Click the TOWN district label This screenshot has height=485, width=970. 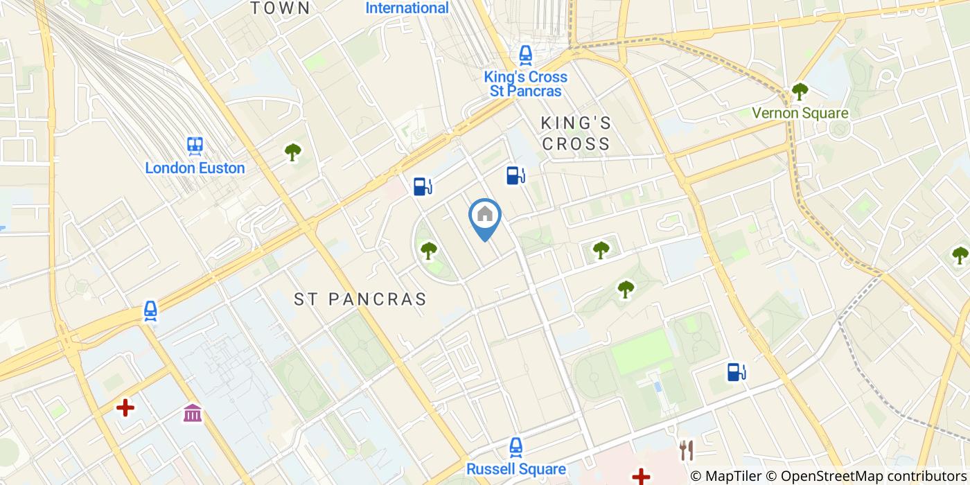[280, 8]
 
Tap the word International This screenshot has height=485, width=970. [407, 8]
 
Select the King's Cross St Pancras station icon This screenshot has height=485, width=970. [526, 55]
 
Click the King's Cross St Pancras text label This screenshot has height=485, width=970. [526, 84]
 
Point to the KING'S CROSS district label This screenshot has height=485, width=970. [576, 134]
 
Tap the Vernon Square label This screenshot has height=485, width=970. [800, 113]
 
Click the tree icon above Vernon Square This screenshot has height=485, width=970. [800, 91]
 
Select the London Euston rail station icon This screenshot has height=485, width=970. [195, 145]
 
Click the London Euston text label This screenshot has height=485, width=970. [195, 168]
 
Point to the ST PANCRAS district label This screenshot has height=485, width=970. [360, 299]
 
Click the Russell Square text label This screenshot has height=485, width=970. [516, 469]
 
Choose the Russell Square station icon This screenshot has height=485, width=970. [515, 448]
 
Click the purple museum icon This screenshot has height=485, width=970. [193, 414]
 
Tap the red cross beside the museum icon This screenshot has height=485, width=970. [125, 407]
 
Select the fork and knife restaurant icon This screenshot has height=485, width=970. [687, 450]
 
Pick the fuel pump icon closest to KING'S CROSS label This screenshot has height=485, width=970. [515, 175]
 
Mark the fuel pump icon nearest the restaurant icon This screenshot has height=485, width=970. [736, 372]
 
